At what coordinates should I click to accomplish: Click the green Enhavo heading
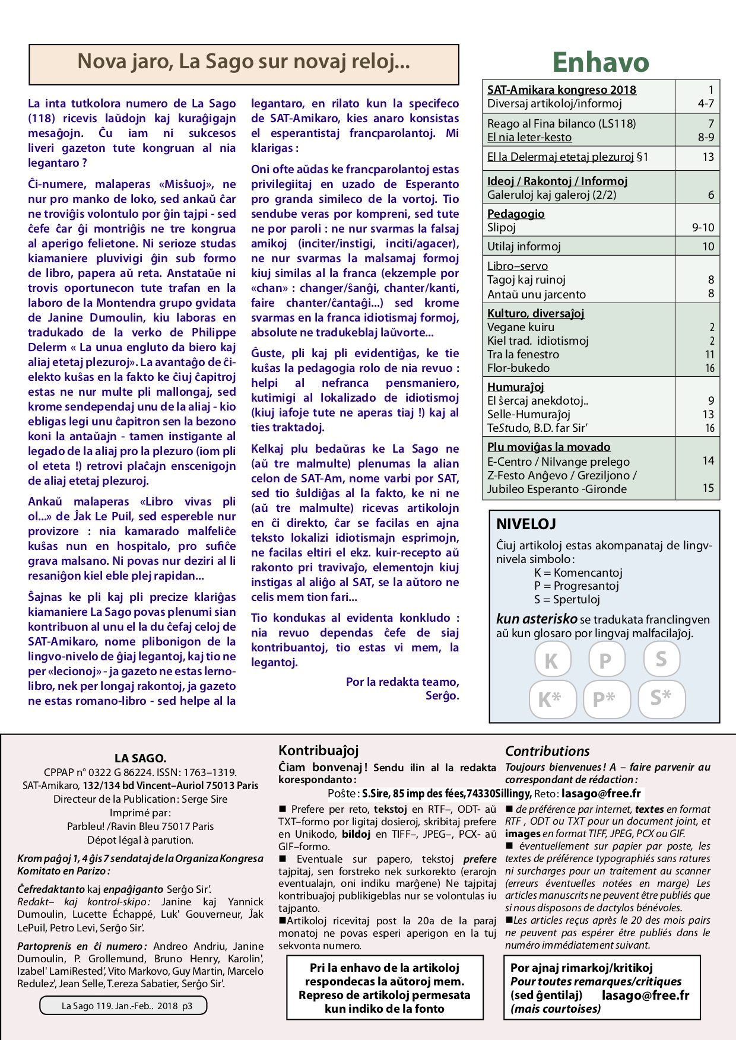[x=601, y=62]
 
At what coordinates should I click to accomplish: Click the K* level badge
[x=552, y=699]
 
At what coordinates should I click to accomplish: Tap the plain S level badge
[x=661, y=659]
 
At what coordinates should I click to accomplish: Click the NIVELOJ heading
[x=526, y=524]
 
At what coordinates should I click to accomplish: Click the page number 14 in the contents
[x=708, y=460]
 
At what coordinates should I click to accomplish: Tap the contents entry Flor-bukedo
[x=518, y=368]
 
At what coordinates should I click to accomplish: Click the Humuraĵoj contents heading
[x=516, y=387]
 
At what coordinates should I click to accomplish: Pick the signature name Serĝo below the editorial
[x=442, y=696]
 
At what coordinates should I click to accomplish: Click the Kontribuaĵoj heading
[x=318, y=750]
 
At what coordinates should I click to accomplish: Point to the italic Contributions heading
[x=547, y=751]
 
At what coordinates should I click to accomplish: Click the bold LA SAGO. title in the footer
[x=140, y=758]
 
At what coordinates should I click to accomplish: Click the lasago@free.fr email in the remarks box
[x=645, y=995]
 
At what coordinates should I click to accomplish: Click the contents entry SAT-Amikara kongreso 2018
[x=561, y=90]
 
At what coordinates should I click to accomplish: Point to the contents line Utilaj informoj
[x=524, y=246]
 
